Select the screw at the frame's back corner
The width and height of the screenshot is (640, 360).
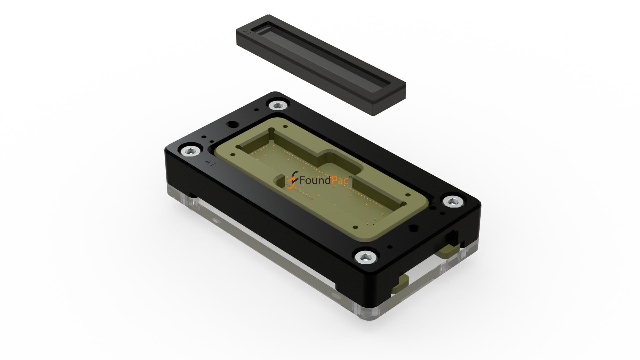coord(278,106)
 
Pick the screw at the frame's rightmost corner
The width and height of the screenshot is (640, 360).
coord(453,202)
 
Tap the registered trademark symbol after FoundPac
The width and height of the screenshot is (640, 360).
coord(350,177)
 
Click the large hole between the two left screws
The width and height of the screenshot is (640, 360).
coord(232,125)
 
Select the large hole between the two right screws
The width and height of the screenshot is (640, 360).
coord(413,228)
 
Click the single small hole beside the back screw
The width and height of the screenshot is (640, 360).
coord(256,109)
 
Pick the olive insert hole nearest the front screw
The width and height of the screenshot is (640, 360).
coord(355,227)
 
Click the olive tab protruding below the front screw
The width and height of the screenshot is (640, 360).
coord(400,283)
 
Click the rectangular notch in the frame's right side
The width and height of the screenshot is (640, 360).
coord(453,238)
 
